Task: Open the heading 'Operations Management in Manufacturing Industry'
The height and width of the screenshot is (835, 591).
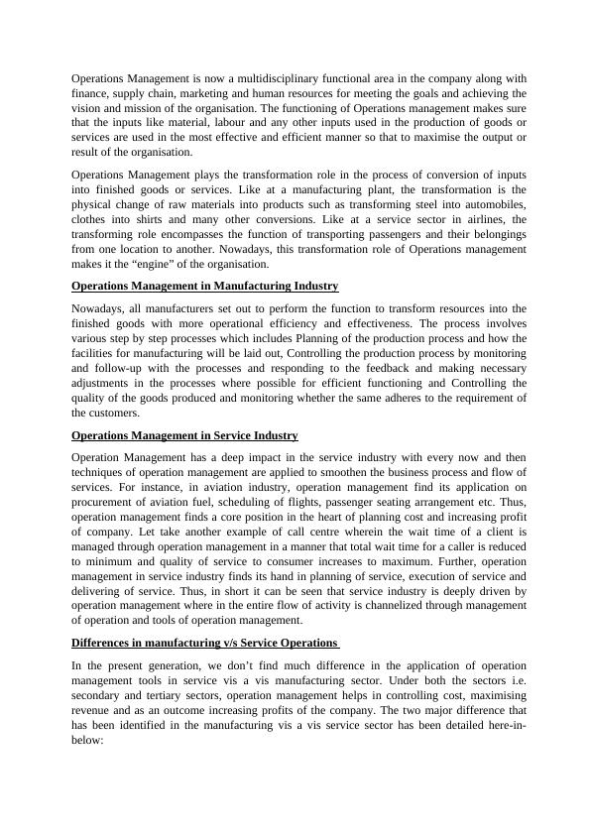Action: (x=205, y=286)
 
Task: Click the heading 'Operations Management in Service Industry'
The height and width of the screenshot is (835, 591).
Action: (x=184, y=435)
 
